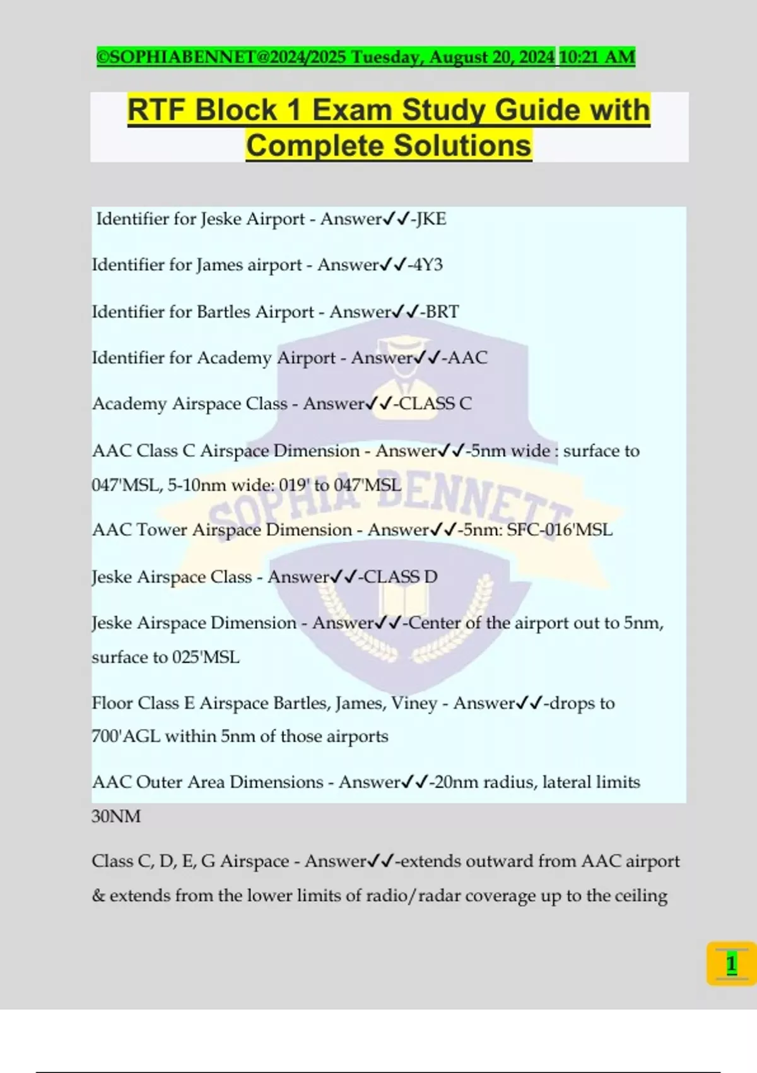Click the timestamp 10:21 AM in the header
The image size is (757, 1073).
[x=597, y=57]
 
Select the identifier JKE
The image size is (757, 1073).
[x=431, y=219]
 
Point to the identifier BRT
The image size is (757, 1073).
[x=442, y=312]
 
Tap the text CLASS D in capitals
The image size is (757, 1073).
[x=401, y=577]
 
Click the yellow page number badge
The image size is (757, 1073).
[x=731, y=964]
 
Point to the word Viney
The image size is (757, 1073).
[x=414, y=703]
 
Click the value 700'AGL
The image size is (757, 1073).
[x=126, y=737]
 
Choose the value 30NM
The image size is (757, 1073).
[x=116, y=817]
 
